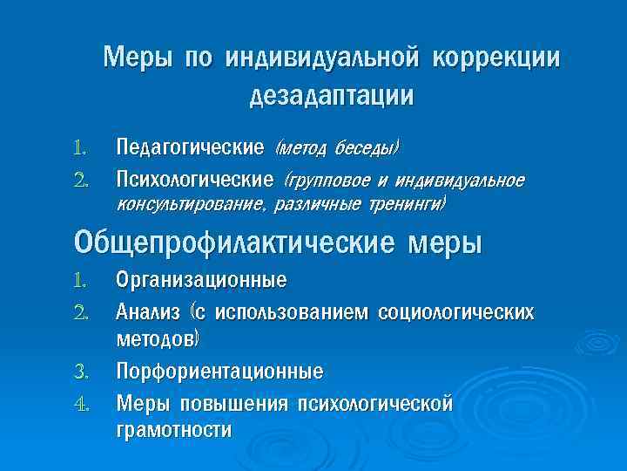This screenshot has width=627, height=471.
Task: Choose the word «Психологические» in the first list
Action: [x=195, y=181]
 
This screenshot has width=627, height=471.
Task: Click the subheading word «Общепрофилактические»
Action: [x=234, y=242]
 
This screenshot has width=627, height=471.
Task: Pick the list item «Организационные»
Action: [x=201, y=281]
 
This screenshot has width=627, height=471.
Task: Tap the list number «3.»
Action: [x=83, y=372]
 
